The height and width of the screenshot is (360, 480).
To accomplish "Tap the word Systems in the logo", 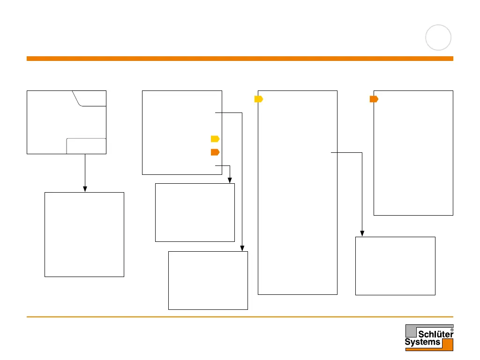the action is click(422, 342).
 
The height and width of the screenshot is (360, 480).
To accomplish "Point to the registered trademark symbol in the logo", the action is click(451, 330).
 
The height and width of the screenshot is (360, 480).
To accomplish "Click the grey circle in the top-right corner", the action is click(439, 37).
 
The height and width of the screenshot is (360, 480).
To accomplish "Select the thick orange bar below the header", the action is click(240, 59).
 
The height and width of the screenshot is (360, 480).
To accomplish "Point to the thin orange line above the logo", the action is click(240, 317).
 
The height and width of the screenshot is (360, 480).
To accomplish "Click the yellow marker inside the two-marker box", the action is click(215, 139).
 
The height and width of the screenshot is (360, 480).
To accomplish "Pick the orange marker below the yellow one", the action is click(215, 152).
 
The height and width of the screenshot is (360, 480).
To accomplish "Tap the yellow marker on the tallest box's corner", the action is click(259, 99).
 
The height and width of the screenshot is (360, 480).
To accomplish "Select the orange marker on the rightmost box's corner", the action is click(374, 99).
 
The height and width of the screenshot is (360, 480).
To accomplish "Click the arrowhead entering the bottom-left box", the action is click(85, 188).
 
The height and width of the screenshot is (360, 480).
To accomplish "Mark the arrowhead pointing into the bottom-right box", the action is click(362, 233).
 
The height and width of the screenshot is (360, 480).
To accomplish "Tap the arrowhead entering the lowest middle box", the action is click(242, 248).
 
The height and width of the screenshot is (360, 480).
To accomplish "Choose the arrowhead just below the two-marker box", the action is click(230, 180).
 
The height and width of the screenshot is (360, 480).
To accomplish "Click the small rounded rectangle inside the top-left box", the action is click(86, 146).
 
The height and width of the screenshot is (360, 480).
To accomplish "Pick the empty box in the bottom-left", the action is click(84, 234).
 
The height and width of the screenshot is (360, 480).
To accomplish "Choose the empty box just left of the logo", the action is click(395, 266).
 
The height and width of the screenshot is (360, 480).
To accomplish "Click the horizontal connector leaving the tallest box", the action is click(347, 152).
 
